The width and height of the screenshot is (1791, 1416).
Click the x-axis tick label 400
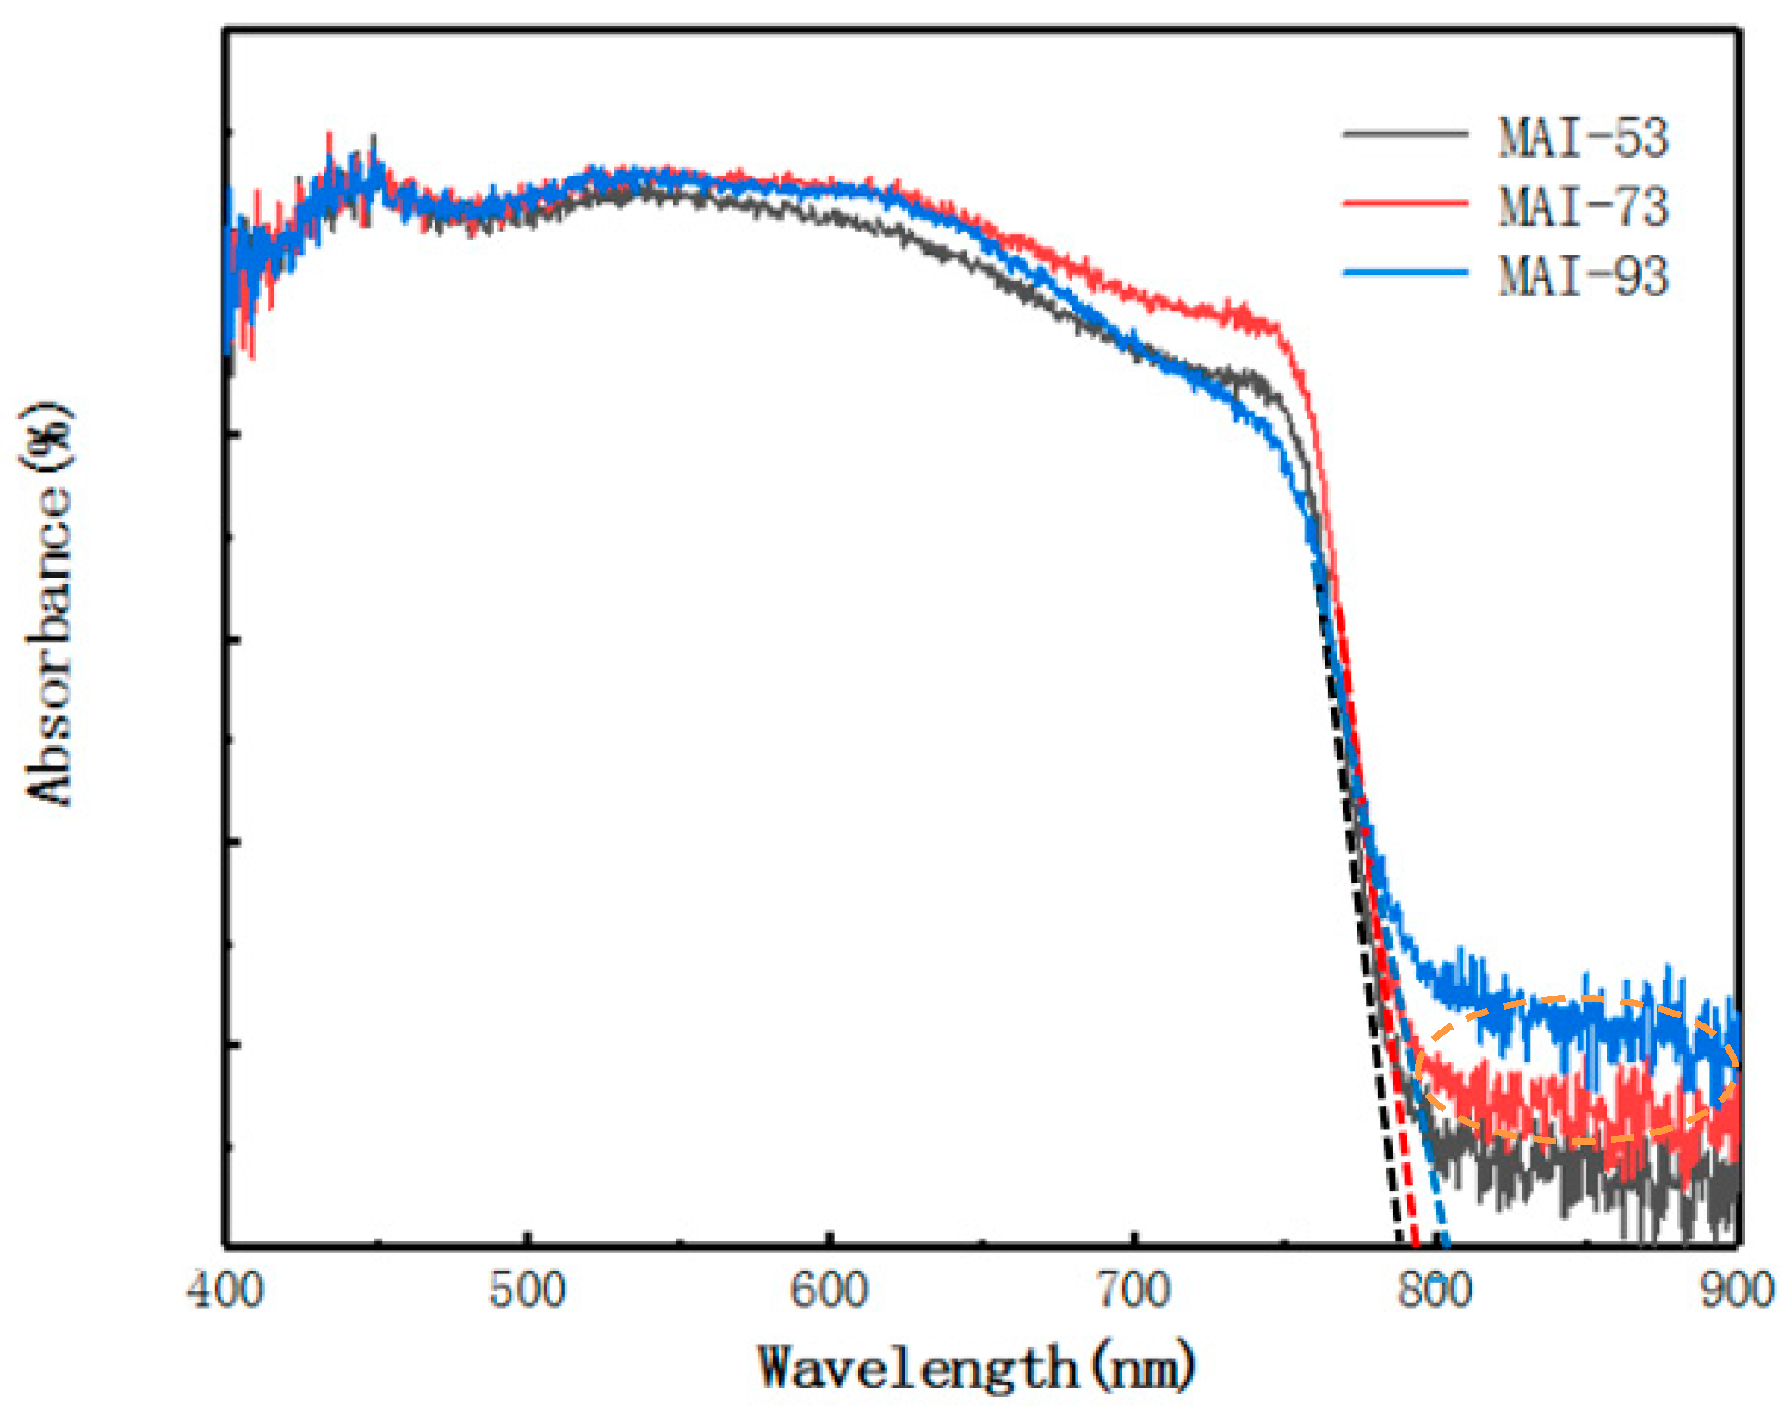coord(225,1292)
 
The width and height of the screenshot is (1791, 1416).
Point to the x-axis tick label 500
coord(528,1292)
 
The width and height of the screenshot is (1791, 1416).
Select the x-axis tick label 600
coord(830,1292)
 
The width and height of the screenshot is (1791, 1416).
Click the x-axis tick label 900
coord(1737,1292)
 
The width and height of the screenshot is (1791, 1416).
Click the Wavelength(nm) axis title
coord(977,1367)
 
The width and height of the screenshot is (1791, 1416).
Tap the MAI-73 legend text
coord(1583,207)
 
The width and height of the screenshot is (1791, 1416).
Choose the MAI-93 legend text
coord(1583,275)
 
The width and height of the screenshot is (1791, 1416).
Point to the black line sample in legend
coord(1405,133)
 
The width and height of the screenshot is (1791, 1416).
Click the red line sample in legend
coord(1405,203)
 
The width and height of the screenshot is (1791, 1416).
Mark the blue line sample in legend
coord(1405,273)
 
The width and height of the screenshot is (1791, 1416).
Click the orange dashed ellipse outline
coord(1575,999)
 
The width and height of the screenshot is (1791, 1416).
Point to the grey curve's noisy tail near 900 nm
coord(1713,1196)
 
